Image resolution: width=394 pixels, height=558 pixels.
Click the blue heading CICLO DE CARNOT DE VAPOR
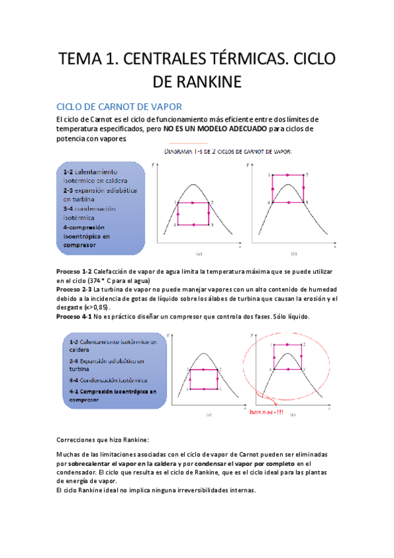(119, 107)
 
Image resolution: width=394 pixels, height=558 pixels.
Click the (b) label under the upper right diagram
(293, 253)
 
